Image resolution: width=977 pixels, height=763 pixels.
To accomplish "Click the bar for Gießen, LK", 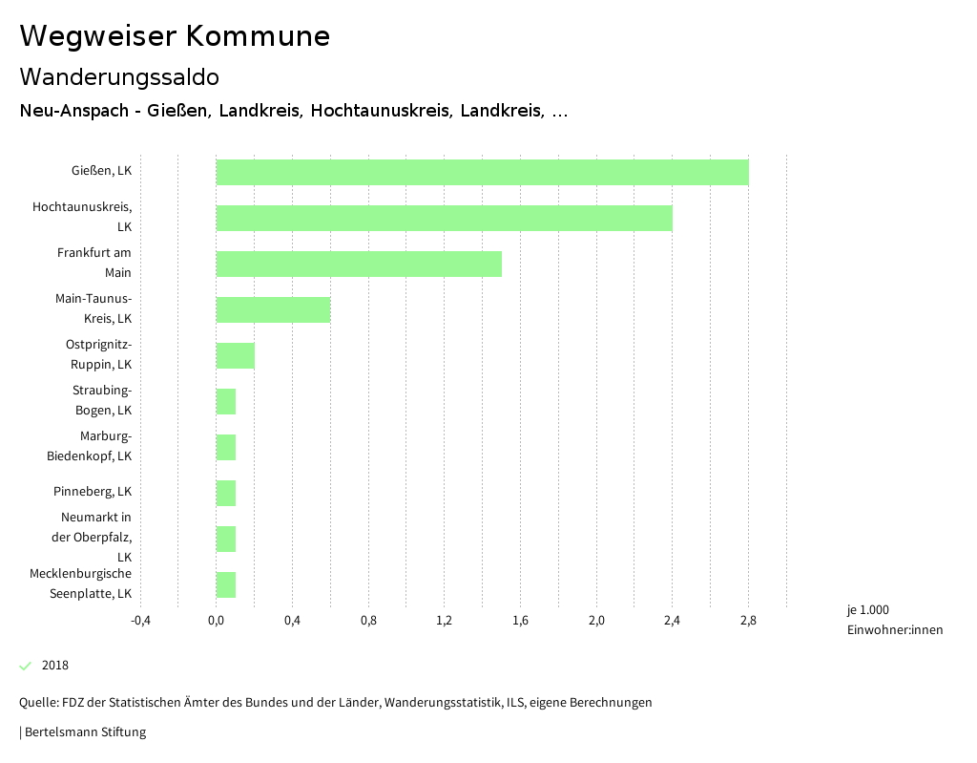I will click(x=482, y=173).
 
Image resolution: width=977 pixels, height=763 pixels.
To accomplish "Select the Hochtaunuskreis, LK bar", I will click(x=444, y=219).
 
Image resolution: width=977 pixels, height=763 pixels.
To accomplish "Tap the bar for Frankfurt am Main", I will click(x=359, y=265).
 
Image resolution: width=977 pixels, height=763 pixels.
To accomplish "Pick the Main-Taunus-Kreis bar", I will click(x=273, y=310).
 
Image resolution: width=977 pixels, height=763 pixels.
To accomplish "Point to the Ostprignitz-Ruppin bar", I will click(x=236, y=356).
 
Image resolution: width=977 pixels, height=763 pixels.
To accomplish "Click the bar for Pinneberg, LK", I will click(x=226, y=494).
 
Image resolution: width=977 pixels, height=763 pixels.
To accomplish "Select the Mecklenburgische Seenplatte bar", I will click(x=226, y=585).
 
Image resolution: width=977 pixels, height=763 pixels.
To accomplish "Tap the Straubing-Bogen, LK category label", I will click(x=102, y=401).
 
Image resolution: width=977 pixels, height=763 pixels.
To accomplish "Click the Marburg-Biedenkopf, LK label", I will click(x=90, y=447).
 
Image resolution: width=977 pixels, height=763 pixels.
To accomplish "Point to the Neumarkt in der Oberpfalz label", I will click(x=92, y=537).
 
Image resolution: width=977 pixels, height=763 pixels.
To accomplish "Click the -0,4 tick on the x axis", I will click(x=140, y=621).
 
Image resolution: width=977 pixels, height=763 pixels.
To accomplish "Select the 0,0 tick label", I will click(x=217, y=621).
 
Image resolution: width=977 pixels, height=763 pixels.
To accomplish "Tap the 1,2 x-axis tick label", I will click(x=444, y=621).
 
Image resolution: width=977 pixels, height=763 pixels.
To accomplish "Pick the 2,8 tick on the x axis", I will click(x=748, y=621).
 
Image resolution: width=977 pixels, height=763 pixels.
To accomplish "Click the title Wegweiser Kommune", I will click(x=175, y=36).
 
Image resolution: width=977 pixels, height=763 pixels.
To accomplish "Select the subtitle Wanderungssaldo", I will click(x=119, y=76).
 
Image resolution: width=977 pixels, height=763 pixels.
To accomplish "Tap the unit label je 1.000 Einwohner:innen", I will click(x=893, y=620).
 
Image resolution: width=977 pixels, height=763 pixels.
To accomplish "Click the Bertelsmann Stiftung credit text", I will click(x=84, y=732).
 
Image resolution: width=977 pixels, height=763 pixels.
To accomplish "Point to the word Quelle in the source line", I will click(x=37, y=703).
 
